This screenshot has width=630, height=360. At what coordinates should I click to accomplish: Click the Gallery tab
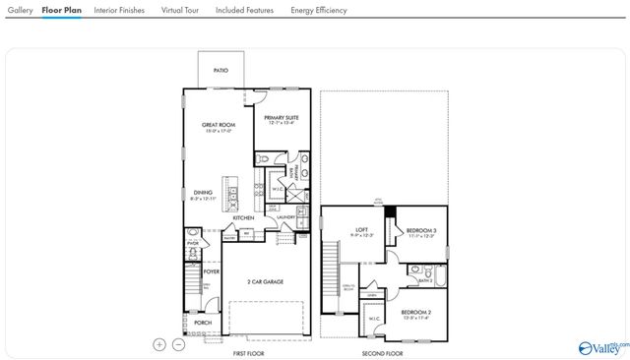coord(20,10)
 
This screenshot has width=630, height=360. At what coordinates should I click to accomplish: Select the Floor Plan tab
coord(61,10)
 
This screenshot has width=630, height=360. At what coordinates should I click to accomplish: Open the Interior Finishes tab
coord(119,10)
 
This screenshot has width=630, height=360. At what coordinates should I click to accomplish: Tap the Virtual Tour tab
coord(179,10)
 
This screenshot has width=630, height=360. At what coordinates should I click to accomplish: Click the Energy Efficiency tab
coord(318,10)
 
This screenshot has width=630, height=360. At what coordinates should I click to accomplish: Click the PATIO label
coord(221,71)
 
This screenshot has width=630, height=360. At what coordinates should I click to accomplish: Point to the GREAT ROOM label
coord(219,125)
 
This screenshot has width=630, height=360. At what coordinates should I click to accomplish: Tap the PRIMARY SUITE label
coord(282,117)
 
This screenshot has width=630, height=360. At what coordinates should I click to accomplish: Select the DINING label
coord(202,193)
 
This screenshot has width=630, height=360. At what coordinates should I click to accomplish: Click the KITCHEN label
coord(243,217)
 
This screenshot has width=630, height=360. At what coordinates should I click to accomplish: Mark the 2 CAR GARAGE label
coord(265,281)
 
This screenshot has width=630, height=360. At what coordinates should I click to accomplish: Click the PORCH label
coord(203,322)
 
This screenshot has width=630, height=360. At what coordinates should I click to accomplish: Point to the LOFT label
coord(361,230)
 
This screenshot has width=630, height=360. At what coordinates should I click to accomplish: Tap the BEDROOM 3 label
coord(421,230)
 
